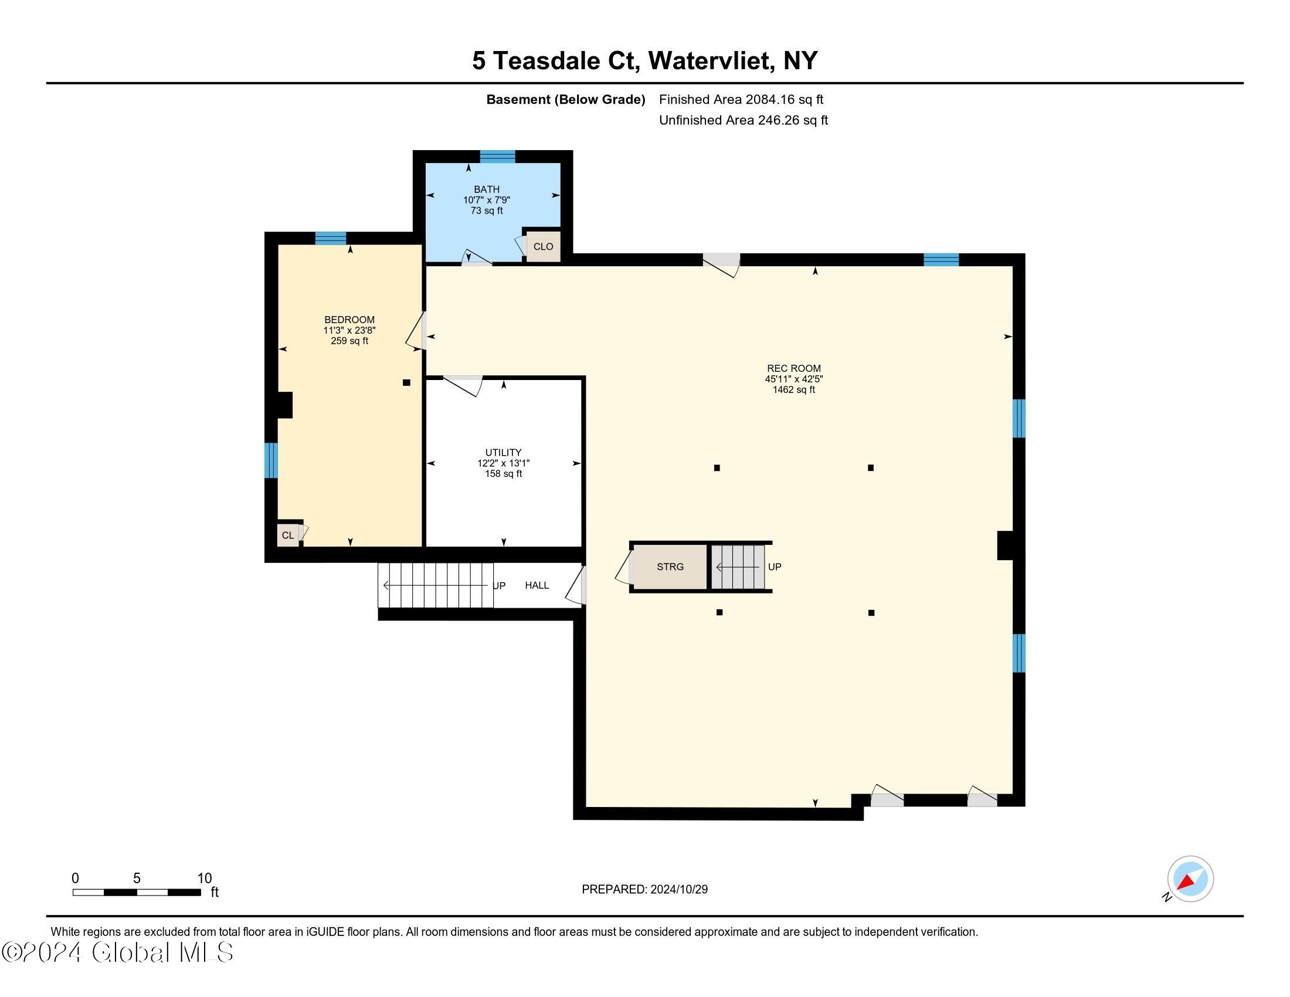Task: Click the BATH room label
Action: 487,189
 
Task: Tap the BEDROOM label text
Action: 349,320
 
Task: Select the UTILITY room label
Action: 503,452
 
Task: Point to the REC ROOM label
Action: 794,368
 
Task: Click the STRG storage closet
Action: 670,567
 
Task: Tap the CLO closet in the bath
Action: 543,246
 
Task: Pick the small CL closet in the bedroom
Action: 288,535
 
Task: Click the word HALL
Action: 537,585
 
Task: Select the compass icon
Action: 1190,879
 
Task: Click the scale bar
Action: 137,892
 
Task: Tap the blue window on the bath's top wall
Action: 497,157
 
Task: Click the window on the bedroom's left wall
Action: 270,460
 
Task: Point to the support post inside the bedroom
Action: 406,383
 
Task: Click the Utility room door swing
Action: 463,386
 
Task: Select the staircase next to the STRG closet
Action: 737,567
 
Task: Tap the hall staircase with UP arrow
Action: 436,585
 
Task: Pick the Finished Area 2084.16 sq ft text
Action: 741,99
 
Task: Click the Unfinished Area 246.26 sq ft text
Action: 743,120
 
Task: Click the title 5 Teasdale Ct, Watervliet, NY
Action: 644,61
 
